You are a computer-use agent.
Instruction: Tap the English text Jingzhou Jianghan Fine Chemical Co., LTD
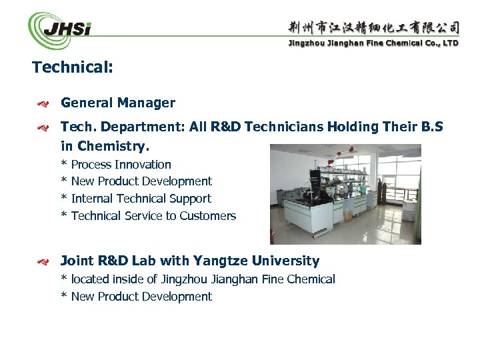click(x=373, y=43)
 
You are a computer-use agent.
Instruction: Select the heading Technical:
click(x=73, y=67)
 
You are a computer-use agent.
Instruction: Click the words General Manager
click(x=118, y=103)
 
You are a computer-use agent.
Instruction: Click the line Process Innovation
click(x=121, y=165)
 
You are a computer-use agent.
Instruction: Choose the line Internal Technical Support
click(x=141, y=199)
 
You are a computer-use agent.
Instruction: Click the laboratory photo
click(x=345, y=194)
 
